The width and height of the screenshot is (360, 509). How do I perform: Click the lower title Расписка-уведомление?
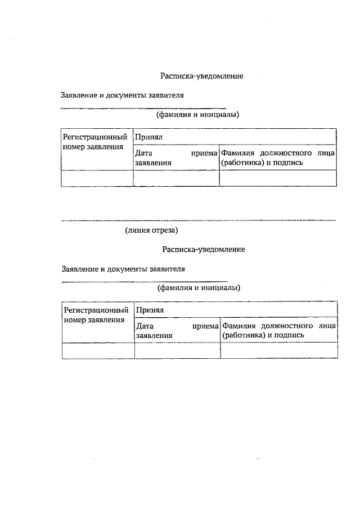203,249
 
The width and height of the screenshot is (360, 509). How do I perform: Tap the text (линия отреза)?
152,230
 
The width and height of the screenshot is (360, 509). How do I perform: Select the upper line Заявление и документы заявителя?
123,96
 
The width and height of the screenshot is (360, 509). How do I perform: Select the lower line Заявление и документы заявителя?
123,268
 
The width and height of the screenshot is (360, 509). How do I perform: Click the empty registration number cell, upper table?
97,178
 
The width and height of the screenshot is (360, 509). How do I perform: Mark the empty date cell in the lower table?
177,350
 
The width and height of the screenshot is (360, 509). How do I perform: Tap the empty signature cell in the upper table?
278,178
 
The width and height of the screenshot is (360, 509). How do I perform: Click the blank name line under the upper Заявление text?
143,107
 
